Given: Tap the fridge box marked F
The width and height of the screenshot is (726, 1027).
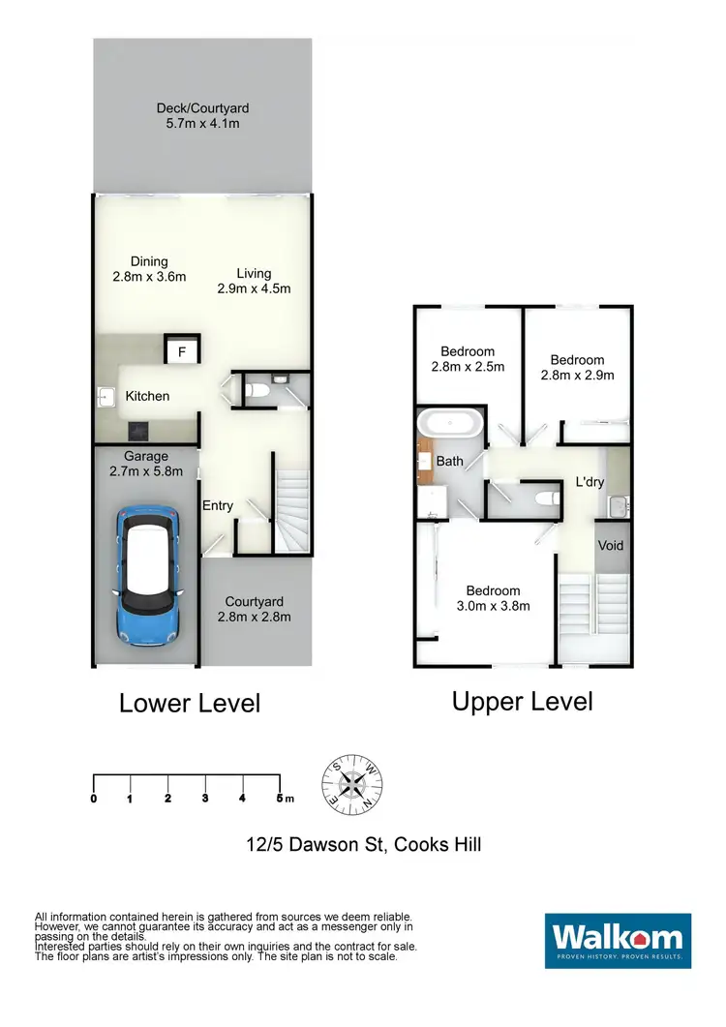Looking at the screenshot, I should coord(181,352).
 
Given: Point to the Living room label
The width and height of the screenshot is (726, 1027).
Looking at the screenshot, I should coord(254,281).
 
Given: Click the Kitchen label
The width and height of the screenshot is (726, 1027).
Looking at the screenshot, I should coord(147,396).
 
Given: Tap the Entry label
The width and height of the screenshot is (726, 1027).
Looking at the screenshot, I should coord(218,505).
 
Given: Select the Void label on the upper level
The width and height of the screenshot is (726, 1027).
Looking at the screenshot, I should coord(611,546).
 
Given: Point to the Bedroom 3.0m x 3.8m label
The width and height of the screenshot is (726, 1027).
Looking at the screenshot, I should coord(493,598).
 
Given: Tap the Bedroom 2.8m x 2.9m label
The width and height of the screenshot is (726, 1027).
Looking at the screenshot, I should coord(577,367).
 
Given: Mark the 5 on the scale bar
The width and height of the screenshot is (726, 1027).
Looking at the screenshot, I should coord(280,799).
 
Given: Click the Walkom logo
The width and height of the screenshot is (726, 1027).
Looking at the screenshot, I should coord(618,940).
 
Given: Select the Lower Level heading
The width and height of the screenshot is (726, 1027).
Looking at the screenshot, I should coord(190,703).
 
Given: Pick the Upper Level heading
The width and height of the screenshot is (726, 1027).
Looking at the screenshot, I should coord(522,701).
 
